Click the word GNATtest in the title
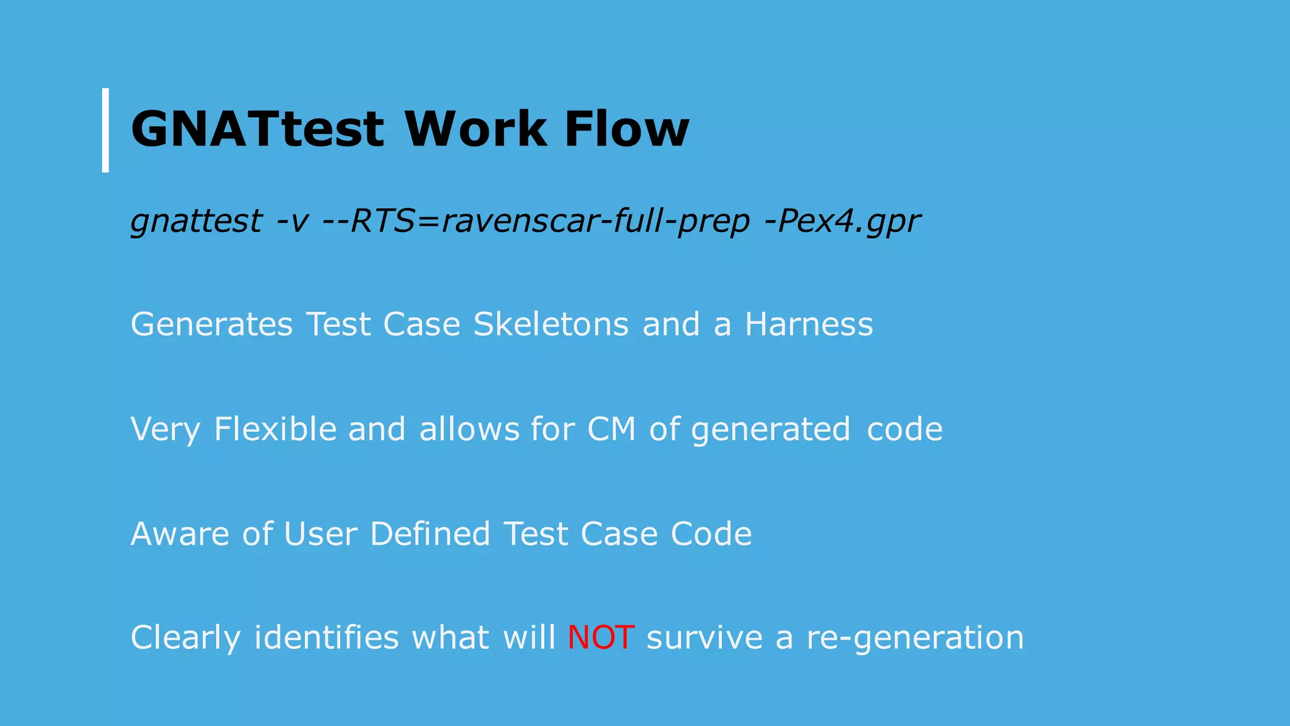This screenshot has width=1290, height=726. (256, 129)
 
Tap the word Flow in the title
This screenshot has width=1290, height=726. (626, 129)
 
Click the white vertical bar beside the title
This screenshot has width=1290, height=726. (105, 130)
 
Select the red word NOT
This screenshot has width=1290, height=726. (600, 637)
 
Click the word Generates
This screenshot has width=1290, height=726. (212, 325)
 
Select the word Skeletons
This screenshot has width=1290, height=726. (551, 325)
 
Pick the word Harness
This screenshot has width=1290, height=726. (809, 325)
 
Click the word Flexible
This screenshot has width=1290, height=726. (275, 429)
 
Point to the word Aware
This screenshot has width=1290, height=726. (180, 534)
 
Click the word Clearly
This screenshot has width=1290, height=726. (185, 638)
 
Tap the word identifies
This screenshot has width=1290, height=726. (326, 637)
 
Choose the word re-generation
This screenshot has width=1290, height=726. (915, 638)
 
